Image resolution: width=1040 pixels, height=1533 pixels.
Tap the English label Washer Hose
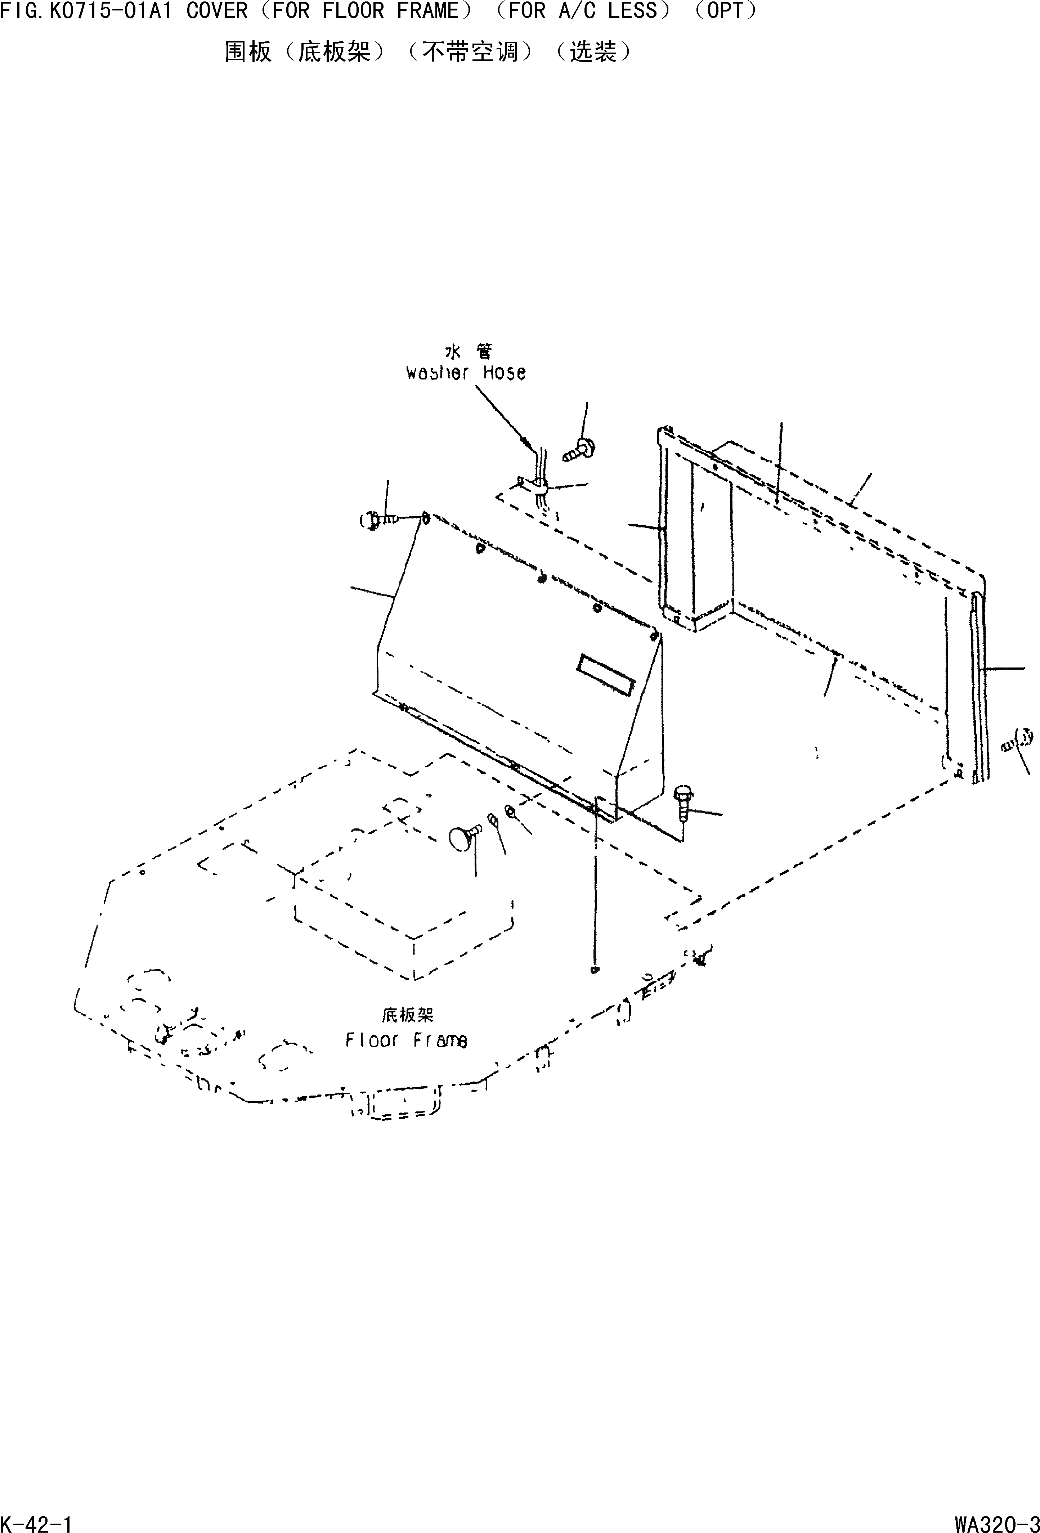(466, 373)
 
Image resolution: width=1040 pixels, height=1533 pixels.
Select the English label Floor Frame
(407, 1040)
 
